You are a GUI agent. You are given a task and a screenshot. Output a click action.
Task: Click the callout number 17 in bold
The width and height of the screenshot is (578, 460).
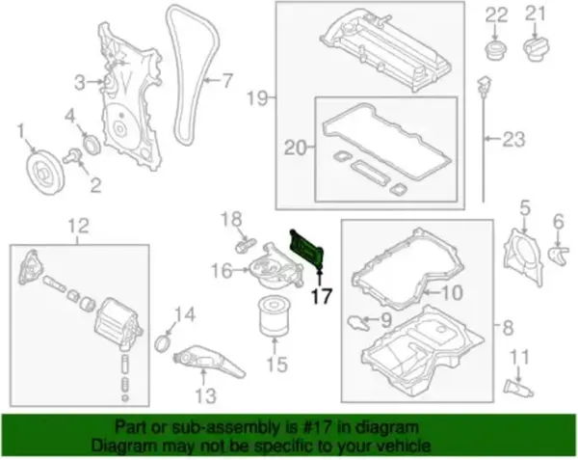click(322, 296)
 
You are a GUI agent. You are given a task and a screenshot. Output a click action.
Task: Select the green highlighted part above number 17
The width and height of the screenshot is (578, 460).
click(306, 250)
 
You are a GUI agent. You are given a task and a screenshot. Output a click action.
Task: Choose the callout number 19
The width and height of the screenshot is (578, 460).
click(257, 97)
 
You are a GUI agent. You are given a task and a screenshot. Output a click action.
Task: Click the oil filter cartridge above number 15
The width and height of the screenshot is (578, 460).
click(274, 317)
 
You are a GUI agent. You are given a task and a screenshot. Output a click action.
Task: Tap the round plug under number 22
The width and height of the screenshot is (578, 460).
click(495, 50)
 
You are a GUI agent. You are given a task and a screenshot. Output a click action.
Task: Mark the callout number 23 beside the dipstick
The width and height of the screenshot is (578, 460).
click(513, 140)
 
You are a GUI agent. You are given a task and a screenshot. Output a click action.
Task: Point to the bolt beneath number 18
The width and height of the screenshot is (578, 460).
click(245, 244)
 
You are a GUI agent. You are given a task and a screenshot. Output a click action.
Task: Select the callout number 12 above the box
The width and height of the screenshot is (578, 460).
click(79, 226)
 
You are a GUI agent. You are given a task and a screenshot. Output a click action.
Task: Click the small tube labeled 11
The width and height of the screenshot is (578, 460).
click(517, 388)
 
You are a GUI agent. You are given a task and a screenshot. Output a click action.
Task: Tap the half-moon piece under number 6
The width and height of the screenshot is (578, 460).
click(559, 256)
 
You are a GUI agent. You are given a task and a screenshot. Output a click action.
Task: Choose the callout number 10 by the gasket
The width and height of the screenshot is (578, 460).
click(452, 293)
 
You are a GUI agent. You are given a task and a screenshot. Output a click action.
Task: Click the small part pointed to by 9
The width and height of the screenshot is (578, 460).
click(356, 323)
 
